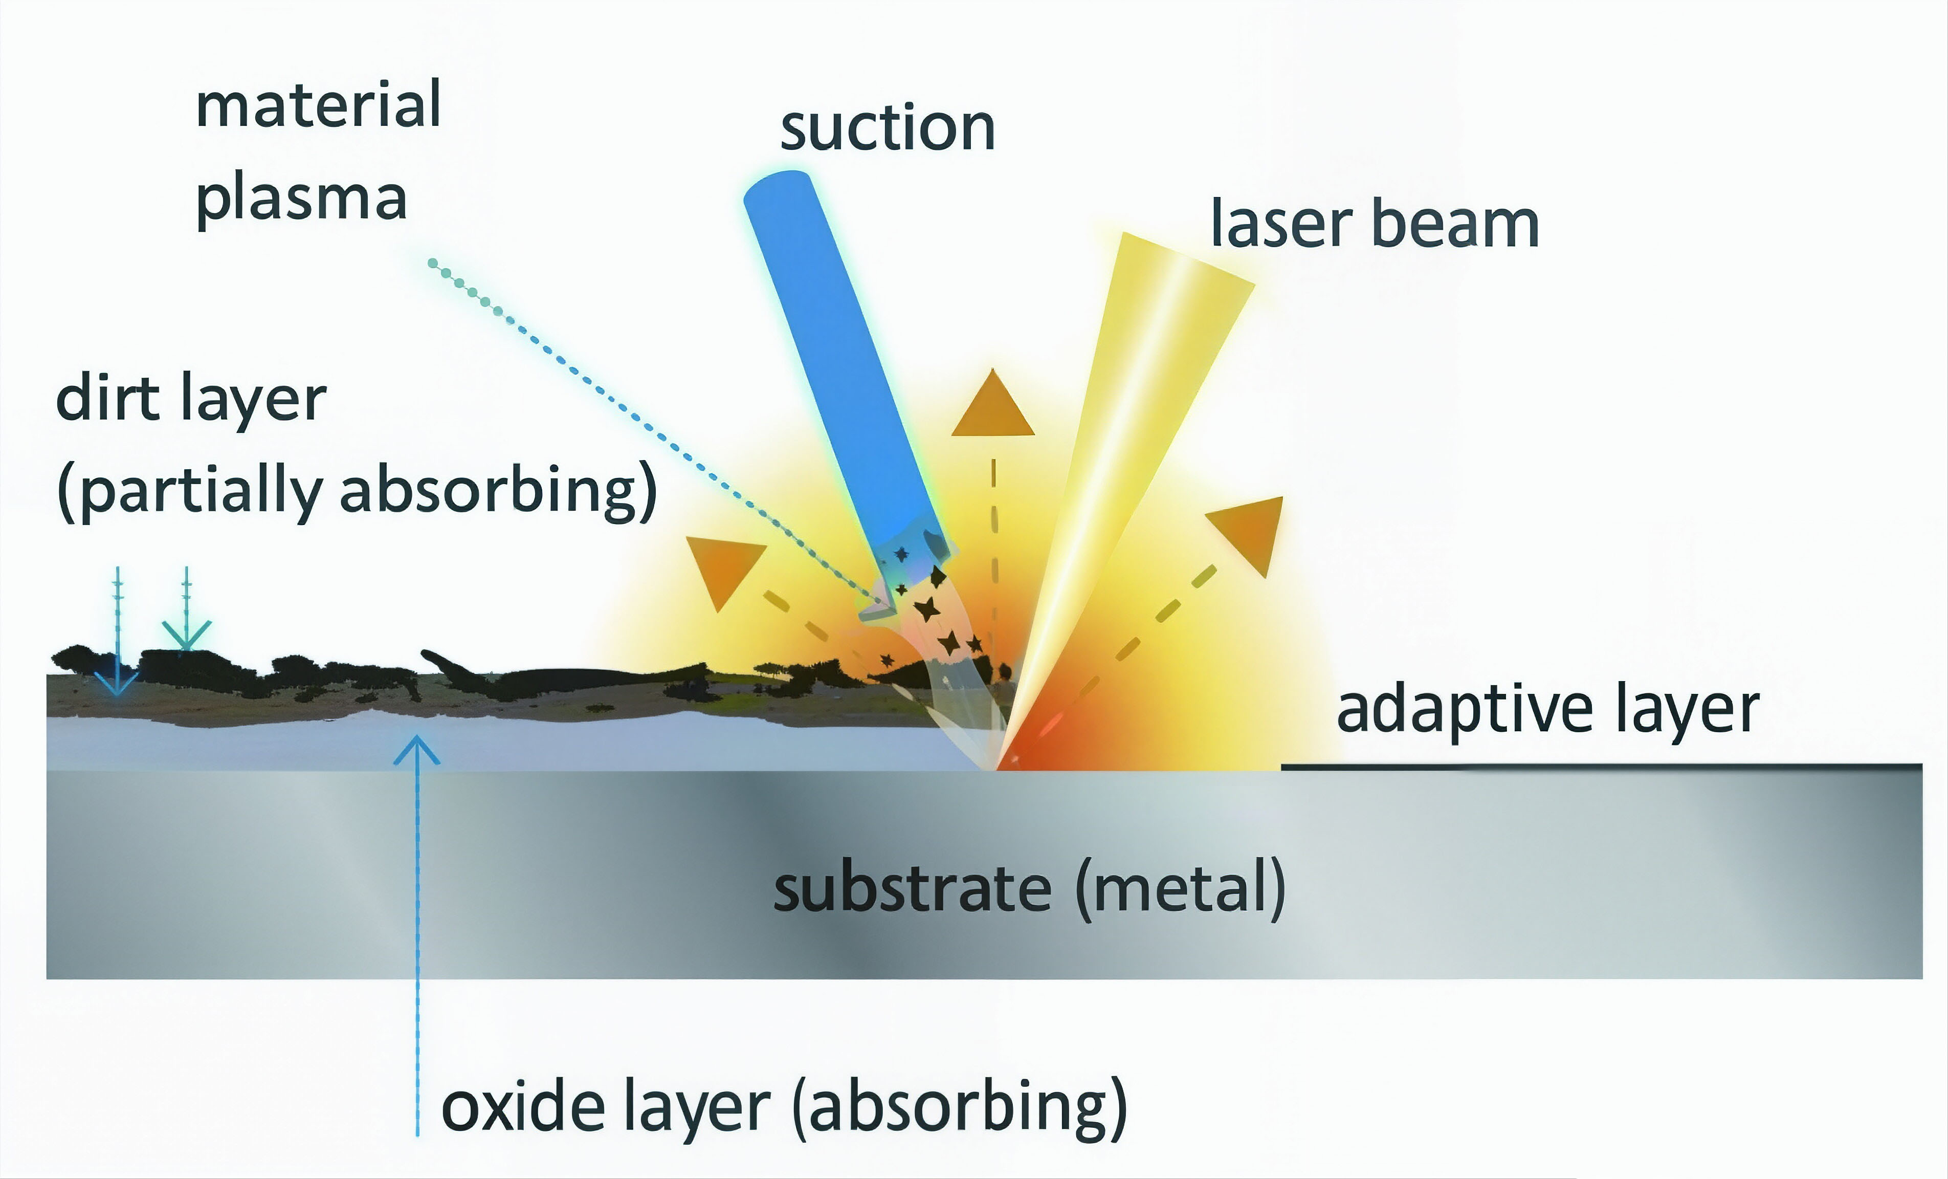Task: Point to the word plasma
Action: [x=301, y=199]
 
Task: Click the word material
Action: [x=318, y=105]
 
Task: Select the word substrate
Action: [x=912, y=889]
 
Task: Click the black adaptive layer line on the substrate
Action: [x=1601, y=766]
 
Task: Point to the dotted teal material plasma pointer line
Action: [x=656, y=431]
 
